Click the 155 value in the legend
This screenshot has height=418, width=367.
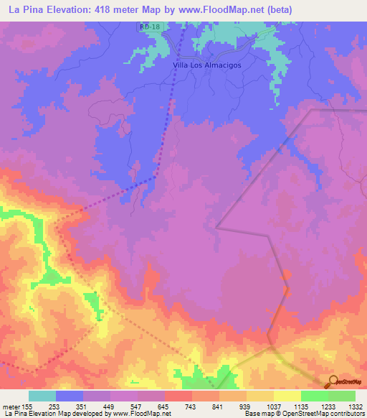coord(29,407)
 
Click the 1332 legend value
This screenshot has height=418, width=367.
coord(356,407)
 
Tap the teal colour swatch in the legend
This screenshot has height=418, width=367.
coord(42,396)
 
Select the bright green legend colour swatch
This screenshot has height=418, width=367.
coord(315,396)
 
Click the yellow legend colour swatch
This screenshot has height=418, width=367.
coord(287,396)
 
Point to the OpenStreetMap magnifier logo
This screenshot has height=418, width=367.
coord(333,382)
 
